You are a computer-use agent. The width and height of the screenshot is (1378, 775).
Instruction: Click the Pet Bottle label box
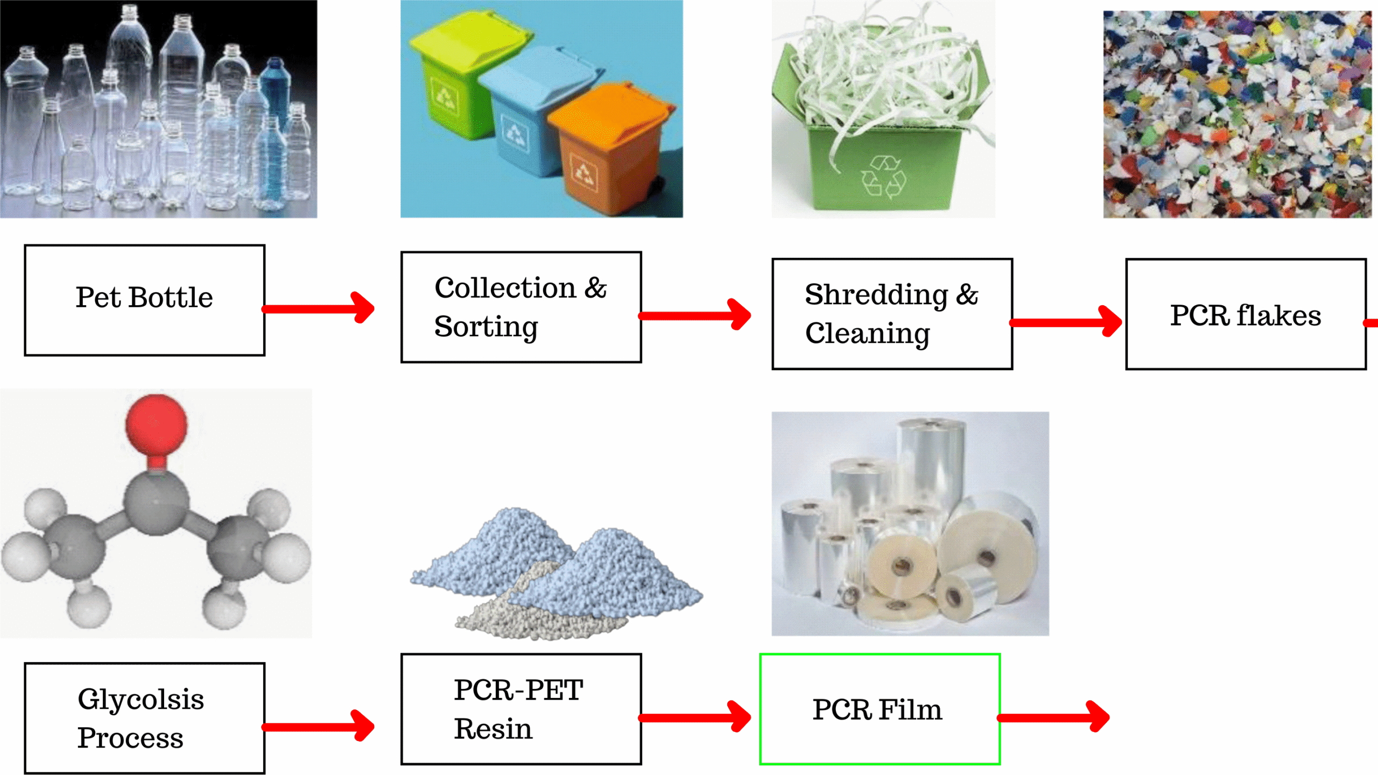[144, 300]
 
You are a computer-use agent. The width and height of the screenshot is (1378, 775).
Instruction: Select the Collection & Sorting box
[521, 307]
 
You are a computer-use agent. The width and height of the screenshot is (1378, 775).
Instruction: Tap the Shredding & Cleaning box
[892, 314]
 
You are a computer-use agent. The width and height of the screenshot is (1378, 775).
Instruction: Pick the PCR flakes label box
[1245, 314]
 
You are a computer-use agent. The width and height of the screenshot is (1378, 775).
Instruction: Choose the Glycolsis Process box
[144, 718]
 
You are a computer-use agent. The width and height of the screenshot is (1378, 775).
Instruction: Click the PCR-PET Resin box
[521, 709]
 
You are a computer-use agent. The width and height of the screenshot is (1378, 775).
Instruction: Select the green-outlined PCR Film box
[880, 709]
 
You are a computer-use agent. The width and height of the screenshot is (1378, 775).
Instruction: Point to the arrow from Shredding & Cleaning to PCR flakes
[1066, 322]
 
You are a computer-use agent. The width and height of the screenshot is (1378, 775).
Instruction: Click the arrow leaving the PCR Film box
[1053, 717]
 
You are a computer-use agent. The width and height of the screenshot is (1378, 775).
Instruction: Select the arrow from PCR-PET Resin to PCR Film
[694, 717]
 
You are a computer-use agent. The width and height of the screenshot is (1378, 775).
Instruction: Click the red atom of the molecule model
[156, 424]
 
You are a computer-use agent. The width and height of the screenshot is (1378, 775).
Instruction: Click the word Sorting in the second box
[486, 327]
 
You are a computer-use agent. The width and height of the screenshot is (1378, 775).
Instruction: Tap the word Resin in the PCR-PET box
[493, 729]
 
